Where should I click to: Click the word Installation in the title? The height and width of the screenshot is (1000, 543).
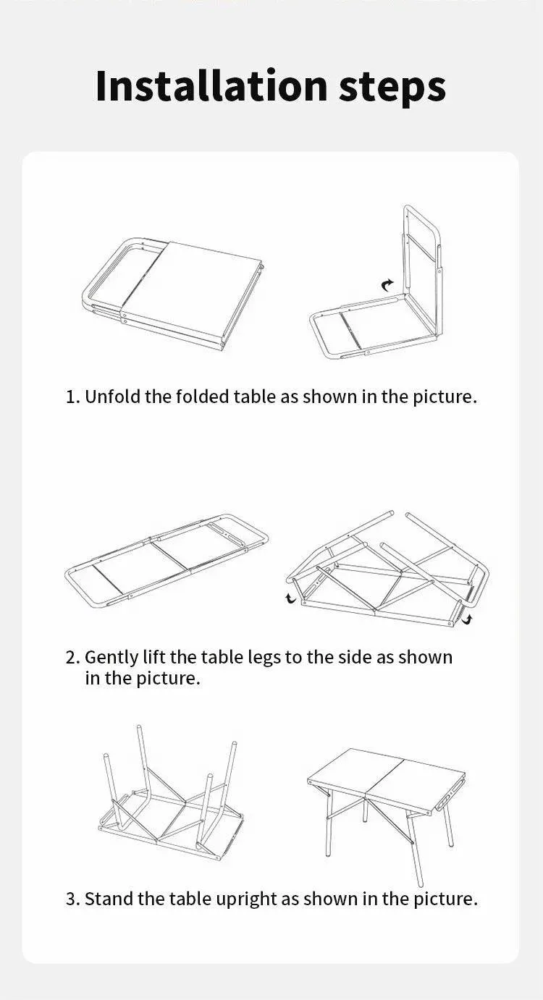pos(211,86)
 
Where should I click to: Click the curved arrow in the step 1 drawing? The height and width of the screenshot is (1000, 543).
pos(388,286)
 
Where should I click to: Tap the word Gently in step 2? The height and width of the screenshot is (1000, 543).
pos(109,658)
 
